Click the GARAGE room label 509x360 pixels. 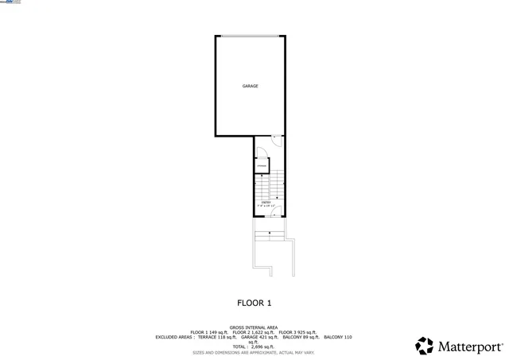pyautogui.click(x=250, y=86)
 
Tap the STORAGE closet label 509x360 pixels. pyautogui.click(x=261, y=165)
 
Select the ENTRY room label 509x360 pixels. pyautogui.click(x=266, y=202)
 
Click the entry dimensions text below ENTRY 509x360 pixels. pyautogui.click(x=266, y=206)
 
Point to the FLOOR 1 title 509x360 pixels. pyautogui.click(x=254, y=303)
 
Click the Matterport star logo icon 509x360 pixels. pyautogui.click(x=425, y=346)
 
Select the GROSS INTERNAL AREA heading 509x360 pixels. pyautogui.click(x=254, y=327)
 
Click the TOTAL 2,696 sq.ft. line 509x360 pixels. pyautogui.click(x=254, y=346)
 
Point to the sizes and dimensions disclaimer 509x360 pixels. pyautogui.click(x=254, y=352)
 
